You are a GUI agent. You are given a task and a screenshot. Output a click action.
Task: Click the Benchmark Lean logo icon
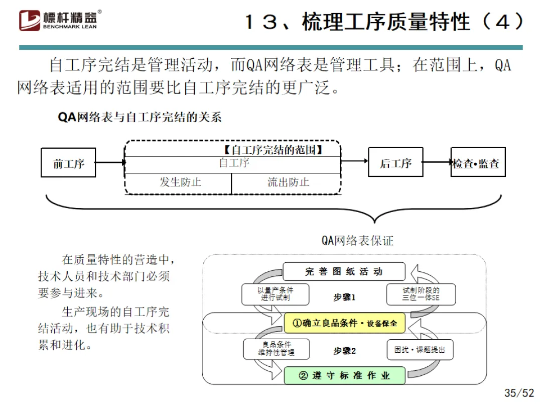[x=30, y=21]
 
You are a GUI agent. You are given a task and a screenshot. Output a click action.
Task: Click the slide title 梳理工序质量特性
[x=384, y=22]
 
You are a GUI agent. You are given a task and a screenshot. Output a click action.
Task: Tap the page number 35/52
[x=519, y=392]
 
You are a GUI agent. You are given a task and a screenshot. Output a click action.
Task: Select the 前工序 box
[x=68, y=163]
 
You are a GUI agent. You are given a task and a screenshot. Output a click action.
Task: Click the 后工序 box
[x=395, y=162]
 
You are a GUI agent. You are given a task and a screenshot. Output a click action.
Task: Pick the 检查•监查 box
[x=477, y=163]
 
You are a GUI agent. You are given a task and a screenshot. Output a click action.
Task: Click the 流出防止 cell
[x=287, y=182]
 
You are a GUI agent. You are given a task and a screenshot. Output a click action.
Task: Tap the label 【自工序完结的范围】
[x=272, y=150]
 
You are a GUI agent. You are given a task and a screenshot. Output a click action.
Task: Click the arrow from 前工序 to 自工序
[x=110, y=162]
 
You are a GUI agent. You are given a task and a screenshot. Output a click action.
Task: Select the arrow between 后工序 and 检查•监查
[x=437, y=162]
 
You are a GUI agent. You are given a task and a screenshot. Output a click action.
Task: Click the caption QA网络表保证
[x=357, y=241]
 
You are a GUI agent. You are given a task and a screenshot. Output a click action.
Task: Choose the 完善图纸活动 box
[x=344, y=272]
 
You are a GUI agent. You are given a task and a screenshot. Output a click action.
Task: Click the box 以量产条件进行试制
[x=275, y=294]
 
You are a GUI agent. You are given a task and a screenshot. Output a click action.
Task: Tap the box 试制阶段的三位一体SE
[x=421, y=294]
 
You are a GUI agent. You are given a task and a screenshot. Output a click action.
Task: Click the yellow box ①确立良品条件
[x=344, y=323]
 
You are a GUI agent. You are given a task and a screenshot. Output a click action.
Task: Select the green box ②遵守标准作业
[x=344, y=375]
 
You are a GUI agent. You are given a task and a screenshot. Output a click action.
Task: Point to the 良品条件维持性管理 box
[x=276, y=349]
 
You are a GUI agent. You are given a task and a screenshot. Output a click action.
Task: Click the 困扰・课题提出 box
[x=420, y=349]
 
